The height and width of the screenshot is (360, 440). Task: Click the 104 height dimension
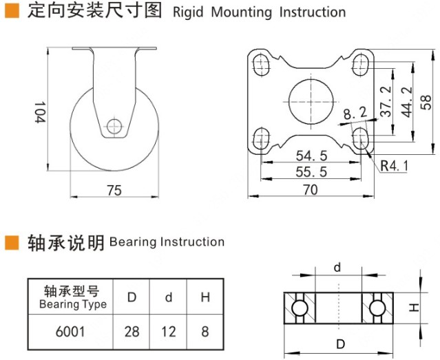tap(39, 112)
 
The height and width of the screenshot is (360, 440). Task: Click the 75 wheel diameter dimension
tap(114, 190)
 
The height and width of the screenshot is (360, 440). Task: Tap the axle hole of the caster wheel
tap(115, 126)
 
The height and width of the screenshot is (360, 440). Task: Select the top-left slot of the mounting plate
tap(262, 65)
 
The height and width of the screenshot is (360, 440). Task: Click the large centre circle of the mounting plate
tap(311, 100)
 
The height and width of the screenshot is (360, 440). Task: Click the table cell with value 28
tap(132, 331)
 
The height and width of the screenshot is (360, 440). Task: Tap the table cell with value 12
tap(169, 331)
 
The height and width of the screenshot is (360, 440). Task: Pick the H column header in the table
tap(205, 298)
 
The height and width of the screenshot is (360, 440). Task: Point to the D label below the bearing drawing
tap(338, 343)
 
